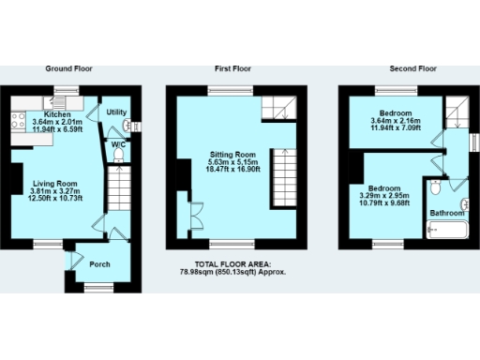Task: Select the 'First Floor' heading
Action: [x=232, y=68]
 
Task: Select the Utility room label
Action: [x=116, y=112]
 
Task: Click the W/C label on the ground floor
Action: [x=118, y=145]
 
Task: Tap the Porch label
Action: [x=99, y=264]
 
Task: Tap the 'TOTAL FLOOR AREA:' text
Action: [x=232, y=263]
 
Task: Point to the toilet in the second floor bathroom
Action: [x=433, y=189]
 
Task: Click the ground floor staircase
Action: [x=119, y=197]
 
